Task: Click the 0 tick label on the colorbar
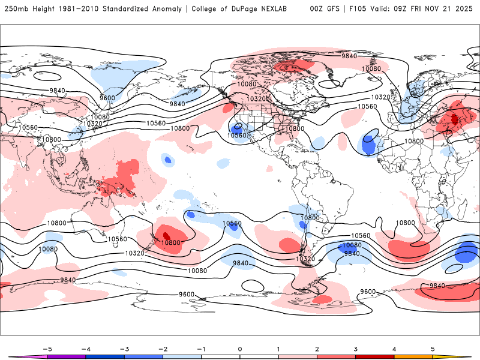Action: [x=239, y=348]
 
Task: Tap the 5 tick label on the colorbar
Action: [x=432, y=348]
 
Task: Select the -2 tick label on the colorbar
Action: [x=162, y=348]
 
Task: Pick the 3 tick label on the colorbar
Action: [x=355, y=348]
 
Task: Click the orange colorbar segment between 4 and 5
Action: [x=413, y=356]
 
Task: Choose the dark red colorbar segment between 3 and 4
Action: [x=374, y=356]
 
